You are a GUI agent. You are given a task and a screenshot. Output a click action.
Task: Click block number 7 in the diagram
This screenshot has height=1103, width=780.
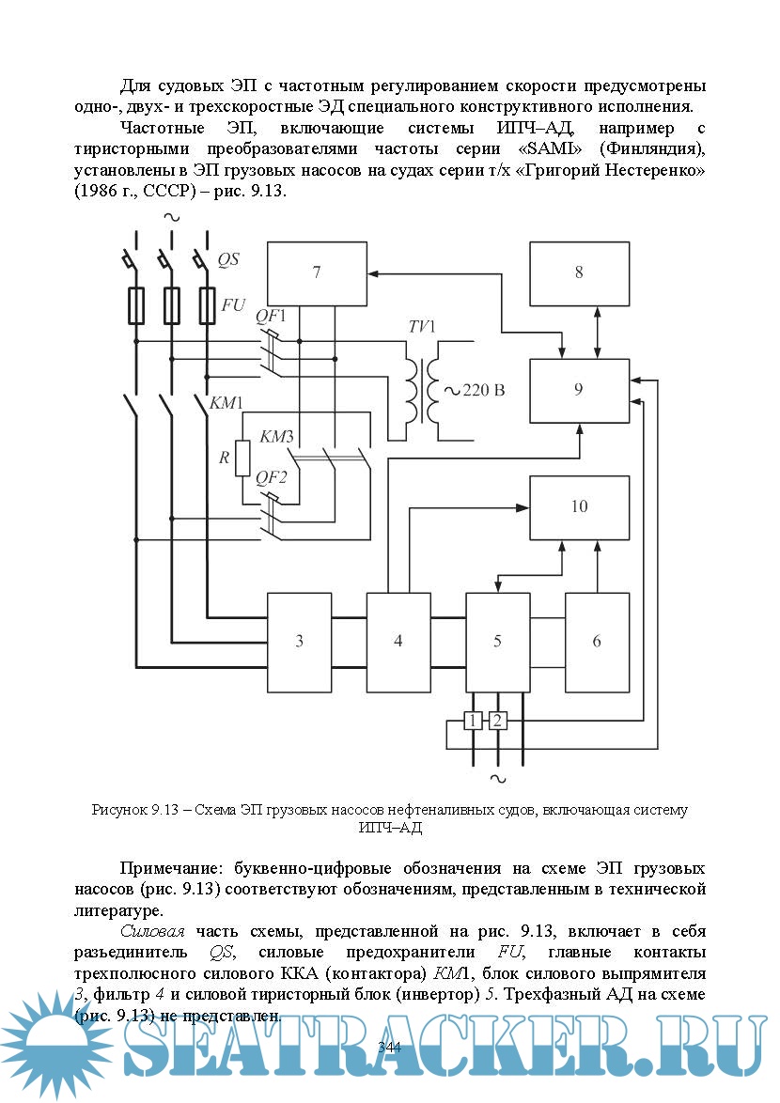(317, 273)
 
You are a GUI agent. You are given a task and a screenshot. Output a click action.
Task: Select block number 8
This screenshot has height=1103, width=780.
(579, 272)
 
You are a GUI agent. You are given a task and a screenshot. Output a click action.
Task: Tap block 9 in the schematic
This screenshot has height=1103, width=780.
(579, 390)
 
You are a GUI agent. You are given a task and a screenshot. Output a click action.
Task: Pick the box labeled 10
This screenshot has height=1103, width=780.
(579, 507)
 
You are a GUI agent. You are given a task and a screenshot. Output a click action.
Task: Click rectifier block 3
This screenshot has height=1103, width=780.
(300, 642)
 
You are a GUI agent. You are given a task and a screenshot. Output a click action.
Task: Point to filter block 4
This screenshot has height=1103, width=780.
(398, 642)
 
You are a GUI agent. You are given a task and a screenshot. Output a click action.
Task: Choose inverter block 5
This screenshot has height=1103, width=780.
(497, 642)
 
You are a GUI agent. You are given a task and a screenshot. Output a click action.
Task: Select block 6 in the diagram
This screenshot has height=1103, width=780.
(597, 642)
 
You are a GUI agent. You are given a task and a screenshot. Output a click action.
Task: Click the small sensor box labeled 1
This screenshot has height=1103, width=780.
(473, 721)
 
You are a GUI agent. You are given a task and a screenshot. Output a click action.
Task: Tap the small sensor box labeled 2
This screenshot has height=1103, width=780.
(498, 721)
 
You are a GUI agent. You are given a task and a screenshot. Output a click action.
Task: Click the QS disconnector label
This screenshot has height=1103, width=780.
(228, 260)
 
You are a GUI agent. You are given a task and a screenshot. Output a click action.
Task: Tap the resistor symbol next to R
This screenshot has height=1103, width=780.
(242, 458)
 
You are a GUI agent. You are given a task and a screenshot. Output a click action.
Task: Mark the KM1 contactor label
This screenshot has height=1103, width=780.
(226, 403)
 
